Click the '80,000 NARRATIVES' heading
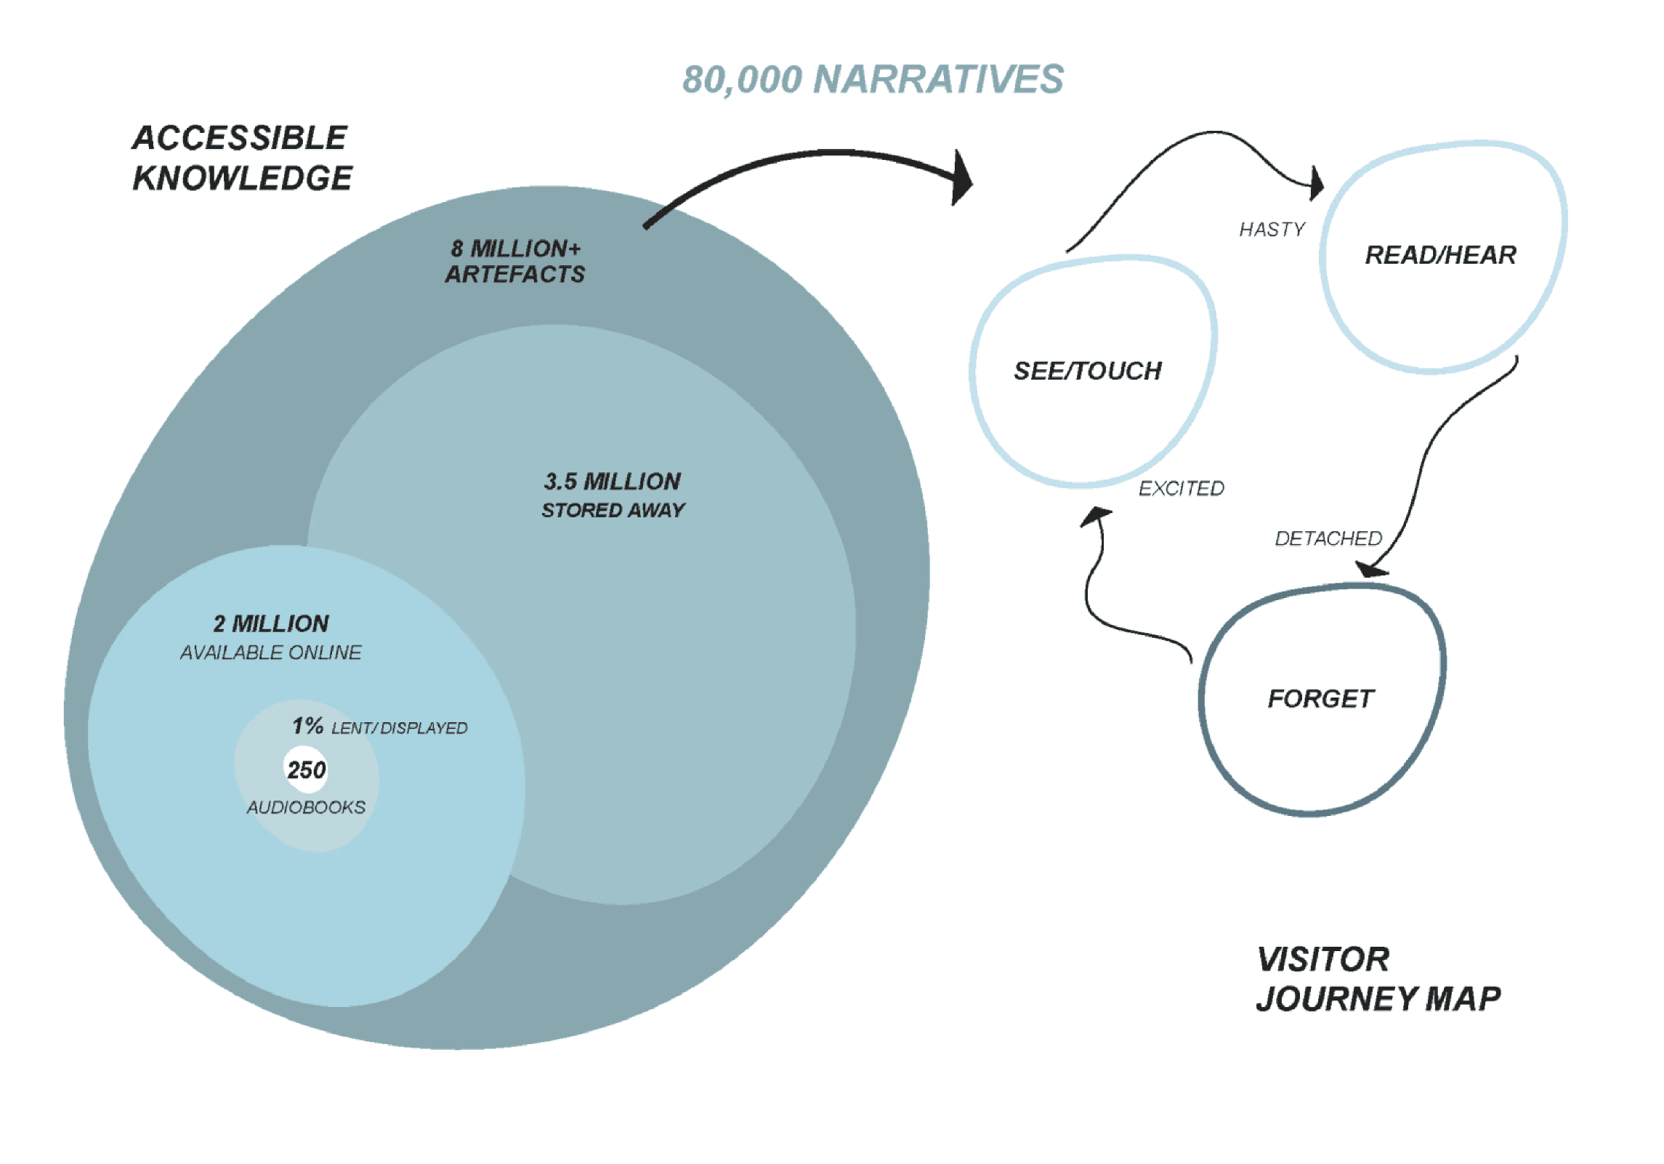[x=873, y=79]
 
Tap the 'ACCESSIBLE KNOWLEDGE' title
[x=241, y=158]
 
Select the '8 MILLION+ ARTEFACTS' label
[x=515, y=262]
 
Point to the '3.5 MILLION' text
[x=612, y=481]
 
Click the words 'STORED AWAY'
[x=613, y=510]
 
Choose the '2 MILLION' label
[x=271, y=623]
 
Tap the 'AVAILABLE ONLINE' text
[x=270, y=652]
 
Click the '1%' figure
[x=307, y=725]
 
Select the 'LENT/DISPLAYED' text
[x=399, y=728]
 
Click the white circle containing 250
[x=306, y=769]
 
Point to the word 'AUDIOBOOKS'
[x=306, y=807]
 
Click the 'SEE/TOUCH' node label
[x=1088, y=371]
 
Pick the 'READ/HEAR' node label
[x=1440, y=255]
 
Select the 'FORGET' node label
[x=1321, y=698]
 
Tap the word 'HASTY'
[x=1272, y=230]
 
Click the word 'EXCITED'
[x=1181, y=488]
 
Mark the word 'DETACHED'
[x=1328, y=538]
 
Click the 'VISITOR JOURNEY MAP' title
[x=1377, y=979]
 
